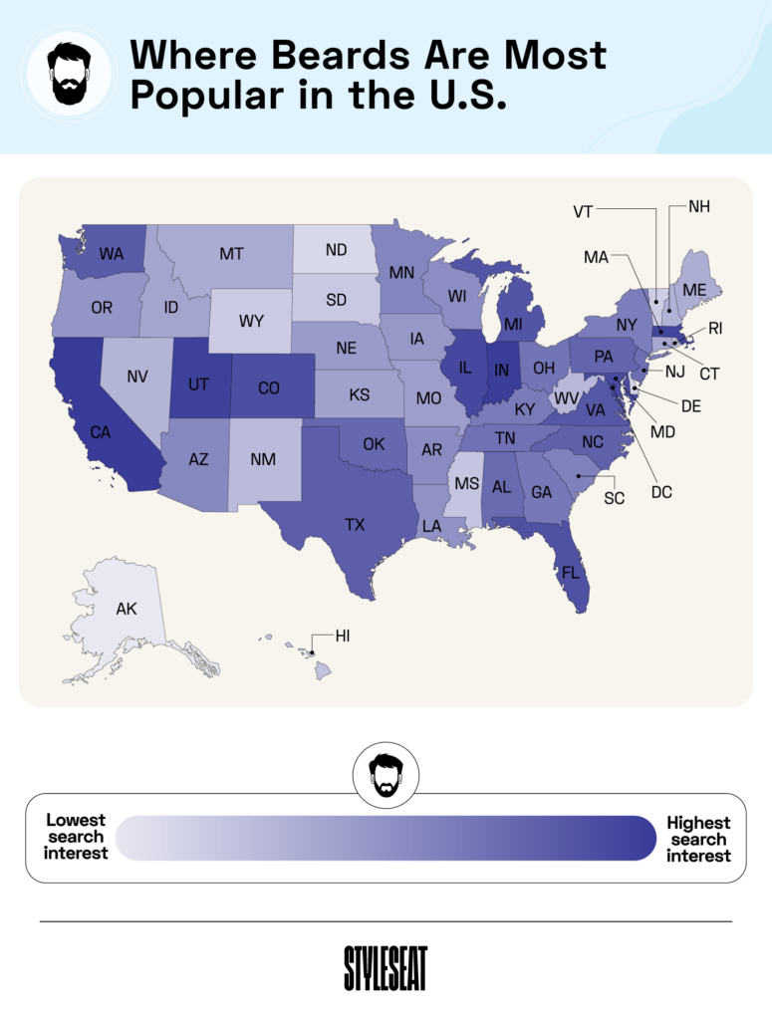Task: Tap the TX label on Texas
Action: (355, 524)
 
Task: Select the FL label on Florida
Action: (569, 574)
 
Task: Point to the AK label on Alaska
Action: (127, 609)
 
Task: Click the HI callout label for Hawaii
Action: (343, 635)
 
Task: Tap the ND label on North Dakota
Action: (336, 250)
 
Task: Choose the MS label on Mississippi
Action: (466, 483)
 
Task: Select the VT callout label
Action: (584, 210)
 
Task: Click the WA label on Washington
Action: (112, 254)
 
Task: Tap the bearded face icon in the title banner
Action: (69, 73)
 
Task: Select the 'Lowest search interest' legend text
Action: (76, 837)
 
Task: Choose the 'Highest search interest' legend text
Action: (698, 839)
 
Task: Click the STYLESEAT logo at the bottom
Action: (386, 967)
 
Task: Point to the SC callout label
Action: (614, 497)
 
